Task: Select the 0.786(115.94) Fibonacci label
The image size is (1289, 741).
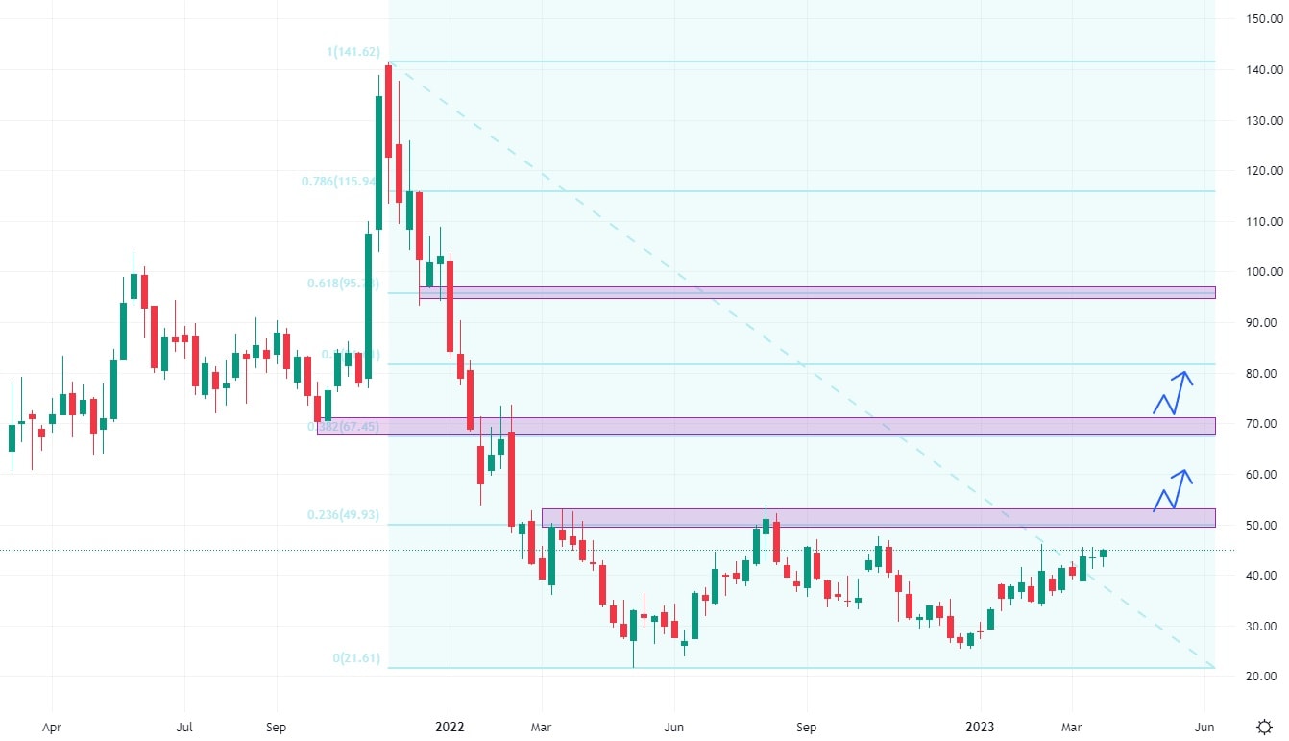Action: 340,182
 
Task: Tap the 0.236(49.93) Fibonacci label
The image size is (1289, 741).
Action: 343,516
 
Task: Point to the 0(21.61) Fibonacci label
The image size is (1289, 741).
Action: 356,658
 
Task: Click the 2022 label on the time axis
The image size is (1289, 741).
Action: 450,728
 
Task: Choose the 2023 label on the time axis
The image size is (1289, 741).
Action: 981,728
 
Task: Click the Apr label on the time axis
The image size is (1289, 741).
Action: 53,728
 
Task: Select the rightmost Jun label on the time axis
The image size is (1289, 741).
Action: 1204,728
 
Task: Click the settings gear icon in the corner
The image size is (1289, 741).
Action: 1265,727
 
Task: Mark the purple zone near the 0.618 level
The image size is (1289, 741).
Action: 816,292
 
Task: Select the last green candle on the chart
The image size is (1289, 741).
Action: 1104,553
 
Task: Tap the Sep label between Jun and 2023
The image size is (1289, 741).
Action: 807,728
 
